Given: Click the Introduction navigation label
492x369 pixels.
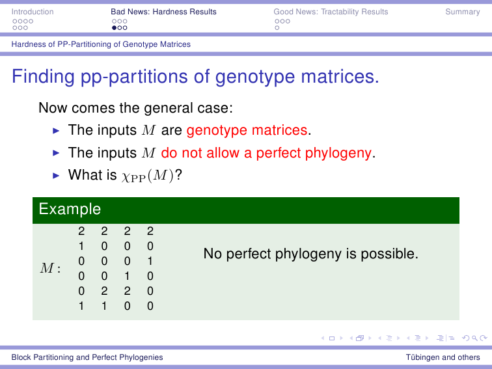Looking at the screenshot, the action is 33,12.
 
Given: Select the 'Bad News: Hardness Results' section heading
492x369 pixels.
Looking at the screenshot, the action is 163,12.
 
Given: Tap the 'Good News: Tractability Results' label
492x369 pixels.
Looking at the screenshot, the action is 331,12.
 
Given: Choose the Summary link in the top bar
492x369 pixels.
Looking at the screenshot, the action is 463,12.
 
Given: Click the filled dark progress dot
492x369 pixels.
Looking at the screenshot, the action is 115,28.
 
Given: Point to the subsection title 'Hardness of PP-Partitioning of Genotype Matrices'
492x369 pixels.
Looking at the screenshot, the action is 101,44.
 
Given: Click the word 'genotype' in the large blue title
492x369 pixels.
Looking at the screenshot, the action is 255,77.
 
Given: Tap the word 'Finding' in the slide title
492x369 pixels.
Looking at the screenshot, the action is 44,77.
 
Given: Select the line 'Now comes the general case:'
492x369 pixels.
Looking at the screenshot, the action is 135,108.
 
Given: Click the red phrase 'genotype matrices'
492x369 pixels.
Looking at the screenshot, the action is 247,130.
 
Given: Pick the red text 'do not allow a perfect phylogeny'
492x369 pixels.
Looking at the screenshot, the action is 266,153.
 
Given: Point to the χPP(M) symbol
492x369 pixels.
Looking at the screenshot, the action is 148,176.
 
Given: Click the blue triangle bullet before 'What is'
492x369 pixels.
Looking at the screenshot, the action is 56,176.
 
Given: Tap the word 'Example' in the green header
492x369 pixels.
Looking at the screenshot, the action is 70,209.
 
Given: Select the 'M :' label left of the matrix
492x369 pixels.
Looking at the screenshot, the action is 50,268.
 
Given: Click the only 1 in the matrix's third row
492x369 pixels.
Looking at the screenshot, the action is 150,261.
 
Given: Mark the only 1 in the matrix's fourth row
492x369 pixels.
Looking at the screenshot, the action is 127,276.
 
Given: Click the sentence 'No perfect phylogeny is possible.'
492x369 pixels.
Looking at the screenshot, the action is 311,254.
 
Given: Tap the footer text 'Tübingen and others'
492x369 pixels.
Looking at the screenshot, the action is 443,357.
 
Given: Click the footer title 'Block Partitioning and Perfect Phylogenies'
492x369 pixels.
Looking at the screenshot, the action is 87,357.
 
